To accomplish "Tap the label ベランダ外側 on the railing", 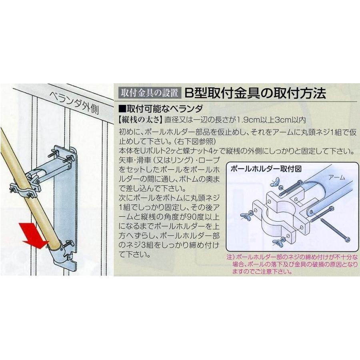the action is point(74,103).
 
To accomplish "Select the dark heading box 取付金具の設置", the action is point(150,93).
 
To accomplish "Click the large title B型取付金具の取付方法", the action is point(255,93).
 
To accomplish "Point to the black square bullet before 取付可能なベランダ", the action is point(122,108).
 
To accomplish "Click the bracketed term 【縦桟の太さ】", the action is point(140,120).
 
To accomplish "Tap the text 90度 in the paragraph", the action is point(191,217).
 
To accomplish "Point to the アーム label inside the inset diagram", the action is point(336,177).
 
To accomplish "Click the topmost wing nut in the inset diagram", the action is point(275,182).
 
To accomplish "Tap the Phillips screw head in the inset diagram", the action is point(347,240).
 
